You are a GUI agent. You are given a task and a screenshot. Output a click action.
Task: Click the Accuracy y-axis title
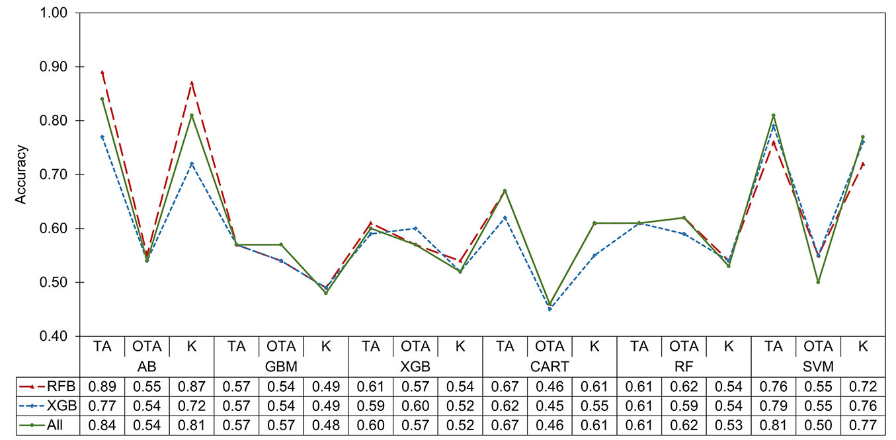coord(21,174)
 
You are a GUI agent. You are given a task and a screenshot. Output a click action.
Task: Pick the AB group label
coord(147,365)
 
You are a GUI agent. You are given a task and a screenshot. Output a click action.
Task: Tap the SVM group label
coord(818,365)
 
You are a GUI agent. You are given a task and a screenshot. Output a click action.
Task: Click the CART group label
coord(550,365)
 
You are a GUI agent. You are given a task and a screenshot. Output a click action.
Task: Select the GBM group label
coord(281,365)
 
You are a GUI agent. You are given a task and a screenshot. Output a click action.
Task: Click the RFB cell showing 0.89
coord(102,386)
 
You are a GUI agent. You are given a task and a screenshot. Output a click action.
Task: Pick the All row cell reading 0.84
coord(102,425)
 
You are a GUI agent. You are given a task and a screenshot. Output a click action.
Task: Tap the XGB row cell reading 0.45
coord(550,406)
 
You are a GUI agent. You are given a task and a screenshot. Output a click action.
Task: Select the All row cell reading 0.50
coord(818,425)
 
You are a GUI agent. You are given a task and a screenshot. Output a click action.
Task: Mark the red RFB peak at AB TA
coord(102,72)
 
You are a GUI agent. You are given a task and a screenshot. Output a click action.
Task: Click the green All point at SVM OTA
coord(818,282)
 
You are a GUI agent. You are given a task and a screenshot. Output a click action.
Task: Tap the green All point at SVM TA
coord(773,115)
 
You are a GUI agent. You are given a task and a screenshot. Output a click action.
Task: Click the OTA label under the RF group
coord(684,346)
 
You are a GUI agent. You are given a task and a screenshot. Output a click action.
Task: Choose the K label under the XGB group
coord(460,346)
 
